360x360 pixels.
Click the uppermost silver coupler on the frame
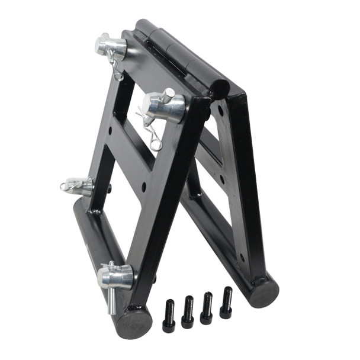(x=111, y=46)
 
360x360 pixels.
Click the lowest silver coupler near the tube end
(x=115, y=275)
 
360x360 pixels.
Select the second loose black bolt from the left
(x=188, y=311)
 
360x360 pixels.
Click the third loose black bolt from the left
(x=207, y=308)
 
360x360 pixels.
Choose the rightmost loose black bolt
(x=226, y=303)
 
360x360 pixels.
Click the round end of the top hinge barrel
(x=220, y=89)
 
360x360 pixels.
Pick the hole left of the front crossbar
(x=110, y=188)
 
